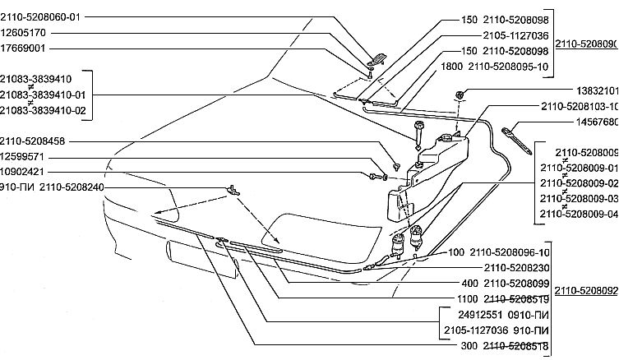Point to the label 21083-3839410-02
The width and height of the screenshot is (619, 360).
coord(43,109)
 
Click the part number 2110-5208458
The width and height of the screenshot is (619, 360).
coord(33,141)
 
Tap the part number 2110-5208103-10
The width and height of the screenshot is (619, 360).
coord(580,107)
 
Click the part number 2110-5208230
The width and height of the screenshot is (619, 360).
coord(516,268)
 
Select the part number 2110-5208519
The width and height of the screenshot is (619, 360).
coord(516,298)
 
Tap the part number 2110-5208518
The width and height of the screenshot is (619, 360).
coord(516,345)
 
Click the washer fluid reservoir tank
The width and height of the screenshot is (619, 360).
coord(436,168)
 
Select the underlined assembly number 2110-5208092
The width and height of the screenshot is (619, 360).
coord(586,290)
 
